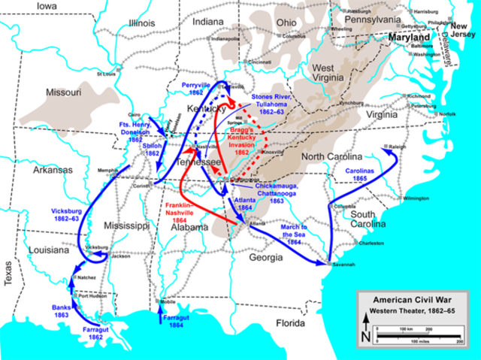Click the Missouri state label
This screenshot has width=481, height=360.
point(64,92)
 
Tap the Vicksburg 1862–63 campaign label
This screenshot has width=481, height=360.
point(66,216)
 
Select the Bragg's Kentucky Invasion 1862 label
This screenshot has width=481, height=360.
point(252,139)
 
